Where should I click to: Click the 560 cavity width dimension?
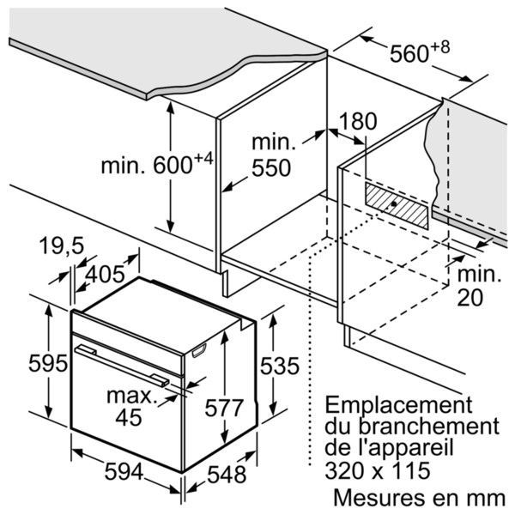pos(409,53)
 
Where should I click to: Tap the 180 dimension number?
pos(358,121)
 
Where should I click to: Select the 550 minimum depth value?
pos(271,167)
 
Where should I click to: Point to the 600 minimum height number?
pos(173,166)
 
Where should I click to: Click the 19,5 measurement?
pos(62,245)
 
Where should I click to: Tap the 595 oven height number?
pos(48,364)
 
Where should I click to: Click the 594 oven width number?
pos(124,471)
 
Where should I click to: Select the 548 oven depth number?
pos(227,475)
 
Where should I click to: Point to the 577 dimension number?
pos(224,408)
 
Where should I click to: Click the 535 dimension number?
pos(280,366)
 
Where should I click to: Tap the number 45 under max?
pos(129,417)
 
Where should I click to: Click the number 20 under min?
pos(470,298)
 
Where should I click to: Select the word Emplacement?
pos(399,405)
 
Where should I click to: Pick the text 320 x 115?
pos(378,470)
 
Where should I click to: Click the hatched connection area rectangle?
pos(397,205)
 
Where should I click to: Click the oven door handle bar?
pos(122,365)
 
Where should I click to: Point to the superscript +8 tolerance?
pos(440,47)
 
